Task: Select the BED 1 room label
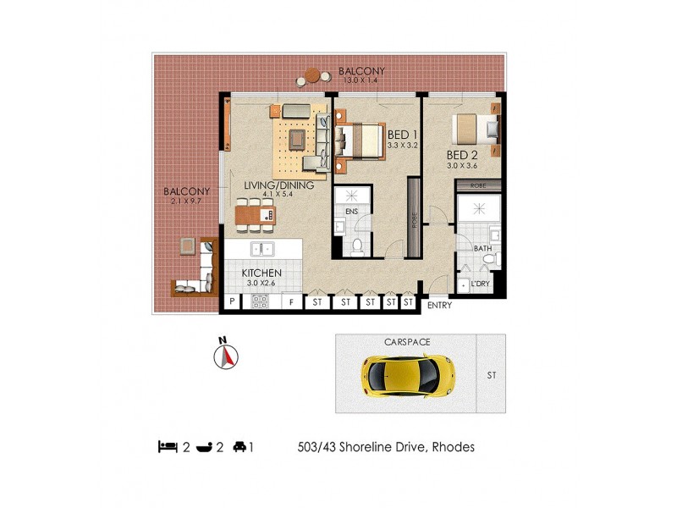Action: (401, 135)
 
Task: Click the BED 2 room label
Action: (463, 155)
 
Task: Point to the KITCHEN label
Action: (262, 273)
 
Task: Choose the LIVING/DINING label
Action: (279, 185)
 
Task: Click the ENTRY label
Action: (439, 305)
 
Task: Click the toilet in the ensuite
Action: (358, 246)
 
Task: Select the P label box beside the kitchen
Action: (231, 301)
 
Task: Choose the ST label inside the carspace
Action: (491, 372)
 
